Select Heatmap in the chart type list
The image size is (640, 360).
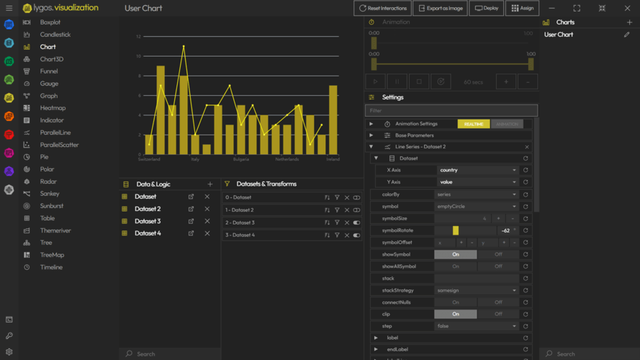point(53,108)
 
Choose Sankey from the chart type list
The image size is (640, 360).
point(50,194)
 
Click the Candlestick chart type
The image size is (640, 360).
point(55,35)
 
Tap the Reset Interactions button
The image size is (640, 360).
point(383,8)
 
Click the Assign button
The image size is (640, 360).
point(523,8)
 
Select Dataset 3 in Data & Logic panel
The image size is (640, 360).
point(148,221)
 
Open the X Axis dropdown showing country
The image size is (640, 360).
point(477,170)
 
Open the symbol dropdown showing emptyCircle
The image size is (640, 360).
point(477,207)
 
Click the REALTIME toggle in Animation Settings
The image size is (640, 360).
point(474,124)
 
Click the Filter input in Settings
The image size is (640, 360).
point(451,111)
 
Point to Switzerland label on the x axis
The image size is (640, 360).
point(149,159)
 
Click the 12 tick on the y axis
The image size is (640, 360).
point(139,36)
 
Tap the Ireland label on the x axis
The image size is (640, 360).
point(333,159)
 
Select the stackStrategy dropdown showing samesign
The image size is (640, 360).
point(477,290)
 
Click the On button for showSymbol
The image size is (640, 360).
point(455,254)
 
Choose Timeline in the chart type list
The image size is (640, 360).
point(51,267)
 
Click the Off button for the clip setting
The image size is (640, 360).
point(498,314)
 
